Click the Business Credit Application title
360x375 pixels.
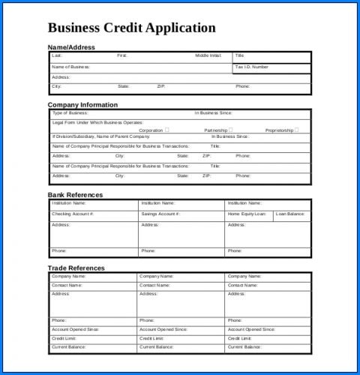131,28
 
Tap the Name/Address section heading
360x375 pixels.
71,47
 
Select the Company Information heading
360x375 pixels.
82,105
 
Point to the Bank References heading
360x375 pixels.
75,195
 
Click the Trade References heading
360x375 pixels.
76,268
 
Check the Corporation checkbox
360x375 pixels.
166,130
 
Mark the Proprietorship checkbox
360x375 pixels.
296,130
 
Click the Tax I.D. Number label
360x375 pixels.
251,67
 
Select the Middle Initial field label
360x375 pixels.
208,55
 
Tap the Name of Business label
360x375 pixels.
70,67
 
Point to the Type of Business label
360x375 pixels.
70,113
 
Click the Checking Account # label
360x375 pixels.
73,214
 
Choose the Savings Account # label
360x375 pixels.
160,214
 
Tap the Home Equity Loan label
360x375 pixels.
247,214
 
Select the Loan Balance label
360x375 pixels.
290,214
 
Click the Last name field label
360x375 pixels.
57,55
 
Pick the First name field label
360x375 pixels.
122,55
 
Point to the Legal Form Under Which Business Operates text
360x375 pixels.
97,122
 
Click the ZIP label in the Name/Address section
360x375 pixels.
160,86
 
